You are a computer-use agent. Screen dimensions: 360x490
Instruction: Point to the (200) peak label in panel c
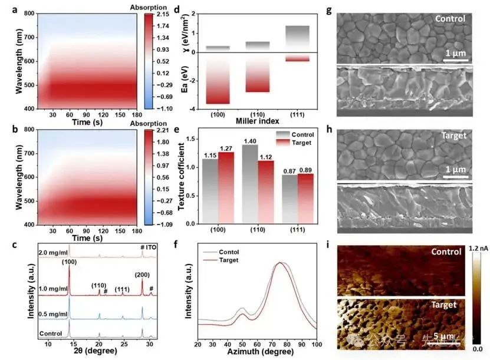pyautogui.click(x=142, y=275)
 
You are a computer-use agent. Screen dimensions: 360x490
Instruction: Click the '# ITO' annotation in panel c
pyautogui.click(x=149, y=247)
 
